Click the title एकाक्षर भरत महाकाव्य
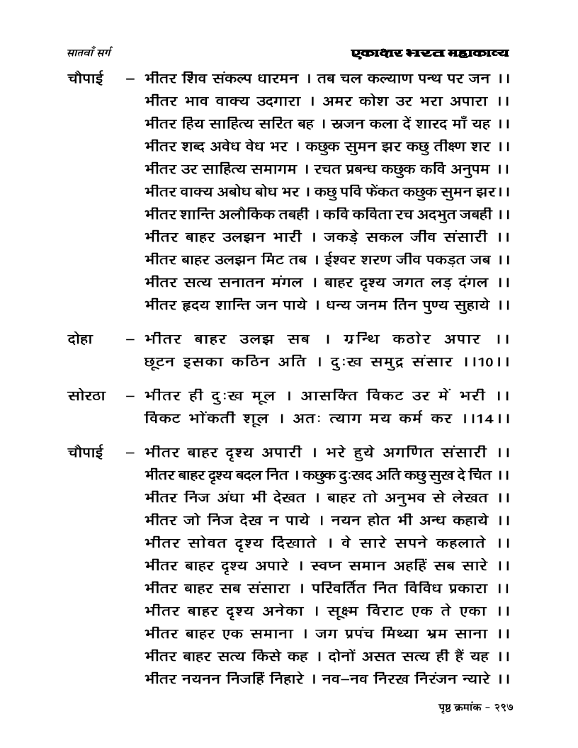(430, 53)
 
